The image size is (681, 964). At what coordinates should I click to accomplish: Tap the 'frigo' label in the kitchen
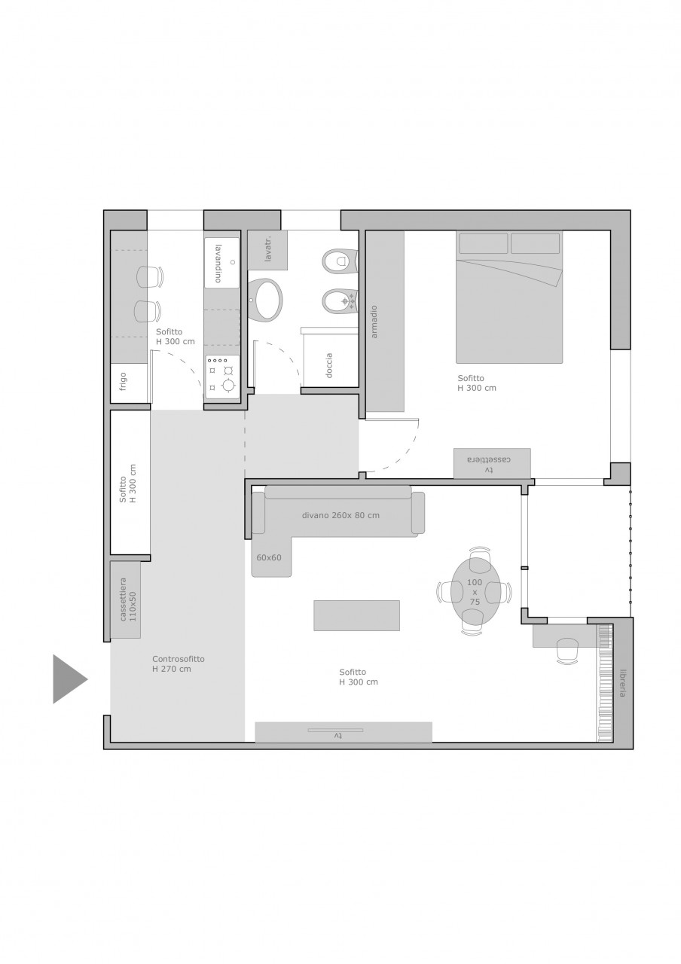coord(124,381)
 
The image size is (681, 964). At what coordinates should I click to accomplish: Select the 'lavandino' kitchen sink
coord(221,263)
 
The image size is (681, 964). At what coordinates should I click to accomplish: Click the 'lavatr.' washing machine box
coord(267,251)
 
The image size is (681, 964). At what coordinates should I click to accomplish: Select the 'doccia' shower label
coord(329,365)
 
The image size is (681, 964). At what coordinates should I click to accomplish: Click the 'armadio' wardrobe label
coord(374,322)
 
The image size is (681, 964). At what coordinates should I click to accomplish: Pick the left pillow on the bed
coord(484,243)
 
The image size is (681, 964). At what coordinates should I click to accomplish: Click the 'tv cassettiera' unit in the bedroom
coord(492,463)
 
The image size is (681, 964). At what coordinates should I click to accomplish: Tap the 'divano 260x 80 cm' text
coord(340,515)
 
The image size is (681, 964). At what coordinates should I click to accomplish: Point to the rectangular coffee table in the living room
coord(356,615)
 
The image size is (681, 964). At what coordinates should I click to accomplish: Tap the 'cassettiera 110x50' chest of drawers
coord(126,599)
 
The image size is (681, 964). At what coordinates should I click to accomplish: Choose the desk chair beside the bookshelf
coord(567,650)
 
